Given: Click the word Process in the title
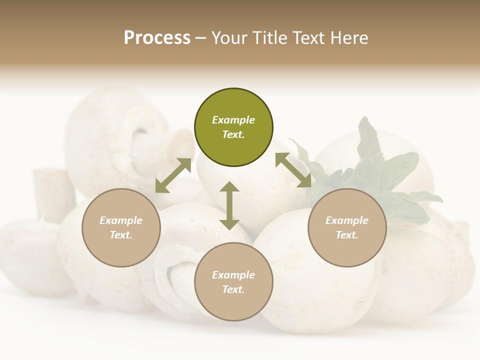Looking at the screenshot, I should point(157,37).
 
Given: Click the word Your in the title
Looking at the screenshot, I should point(229,37).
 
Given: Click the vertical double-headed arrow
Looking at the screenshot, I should point(229,205).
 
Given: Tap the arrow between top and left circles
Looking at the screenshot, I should point(173,175).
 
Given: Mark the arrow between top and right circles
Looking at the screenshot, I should point(293,170).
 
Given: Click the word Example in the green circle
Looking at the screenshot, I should point(233,120).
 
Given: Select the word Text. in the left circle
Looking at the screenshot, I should point(121,235).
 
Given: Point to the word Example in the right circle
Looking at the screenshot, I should point(347,220).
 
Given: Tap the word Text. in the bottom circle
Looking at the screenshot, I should point(233,289).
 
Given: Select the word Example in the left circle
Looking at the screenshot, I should point(121,220).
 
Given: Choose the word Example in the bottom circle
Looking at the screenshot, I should point(233,275).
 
